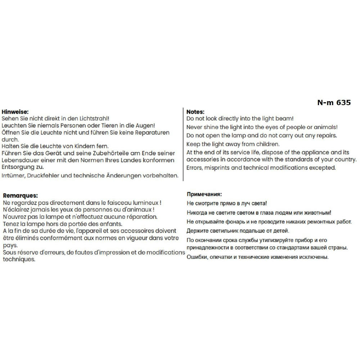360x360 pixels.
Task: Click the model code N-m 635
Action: [x=334, y=103]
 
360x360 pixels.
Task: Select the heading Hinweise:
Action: [x=15, y=112]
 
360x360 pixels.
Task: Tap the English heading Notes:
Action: [x=195, y=112]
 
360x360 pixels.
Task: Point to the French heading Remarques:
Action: [x=20, y=196]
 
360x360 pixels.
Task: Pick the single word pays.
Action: [x=9, y=245]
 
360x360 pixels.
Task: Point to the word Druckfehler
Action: [x=44, y=176]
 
